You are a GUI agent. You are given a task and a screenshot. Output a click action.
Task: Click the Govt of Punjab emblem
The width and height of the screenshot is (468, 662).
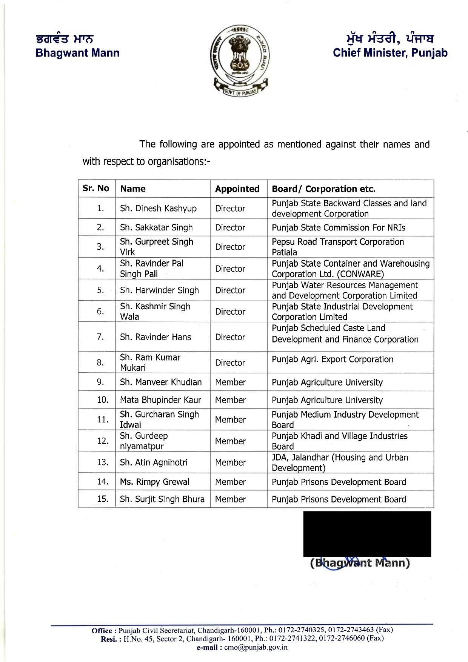pos(240,60)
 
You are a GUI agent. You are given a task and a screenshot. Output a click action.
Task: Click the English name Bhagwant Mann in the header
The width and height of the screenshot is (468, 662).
pos(77,53)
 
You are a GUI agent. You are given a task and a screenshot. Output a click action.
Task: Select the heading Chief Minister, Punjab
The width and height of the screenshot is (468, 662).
pos(390,53)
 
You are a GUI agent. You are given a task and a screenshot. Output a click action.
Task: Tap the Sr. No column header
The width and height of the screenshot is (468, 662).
pos(96,188)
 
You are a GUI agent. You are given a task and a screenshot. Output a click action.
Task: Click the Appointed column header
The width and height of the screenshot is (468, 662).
pos(237,189)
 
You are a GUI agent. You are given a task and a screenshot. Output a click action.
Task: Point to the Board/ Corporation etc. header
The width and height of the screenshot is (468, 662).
pos(323,189)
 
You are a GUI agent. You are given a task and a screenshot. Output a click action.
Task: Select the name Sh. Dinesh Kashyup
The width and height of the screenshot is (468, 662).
pos(158,208)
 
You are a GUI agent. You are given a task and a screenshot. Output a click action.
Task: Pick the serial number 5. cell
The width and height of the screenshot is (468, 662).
pos(100,290)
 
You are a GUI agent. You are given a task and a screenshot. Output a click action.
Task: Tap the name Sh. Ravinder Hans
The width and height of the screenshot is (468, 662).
pos(155,337)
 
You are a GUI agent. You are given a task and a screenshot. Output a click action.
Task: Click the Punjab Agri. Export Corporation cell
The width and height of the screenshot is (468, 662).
pos(333,359)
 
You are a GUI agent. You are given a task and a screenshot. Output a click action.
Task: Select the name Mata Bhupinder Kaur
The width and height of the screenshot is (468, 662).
pos(160,400)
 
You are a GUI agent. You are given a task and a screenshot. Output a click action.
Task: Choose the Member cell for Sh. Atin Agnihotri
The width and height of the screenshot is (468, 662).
pos(230,462)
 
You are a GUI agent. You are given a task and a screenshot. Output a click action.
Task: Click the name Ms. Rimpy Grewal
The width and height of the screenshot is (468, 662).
pos(155,482)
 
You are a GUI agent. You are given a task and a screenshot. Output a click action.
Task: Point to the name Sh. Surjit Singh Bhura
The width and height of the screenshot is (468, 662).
pos(162,499)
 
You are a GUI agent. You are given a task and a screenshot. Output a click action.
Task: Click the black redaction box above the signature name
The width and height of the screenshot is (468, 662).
pos(367,534)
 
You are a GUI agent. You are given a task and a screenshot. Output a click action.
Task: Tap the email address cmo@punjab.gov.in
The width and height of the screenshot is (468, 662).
pos(256,647)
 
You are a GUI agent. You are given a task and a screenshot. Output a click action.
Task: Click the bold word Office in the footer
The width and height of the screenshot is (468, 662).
pos(102,630)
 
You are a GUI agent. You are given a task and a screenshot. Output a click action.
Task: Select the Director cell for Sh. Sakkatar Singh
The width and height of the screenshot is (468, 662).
pos(230,227)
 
